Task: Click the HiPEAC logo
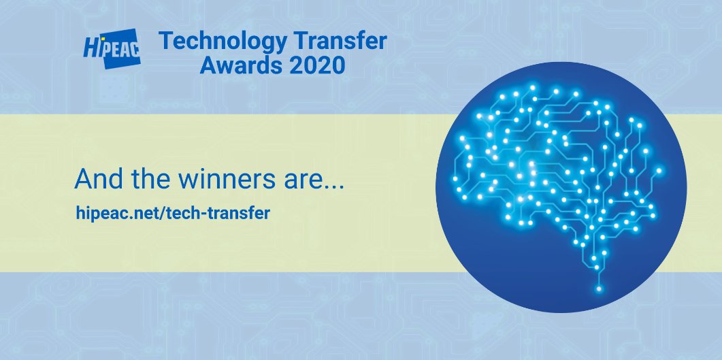pyautogui.click(x=112, y=49)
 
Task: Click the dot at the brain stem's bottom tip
pyautogui.click(x=599, y=290)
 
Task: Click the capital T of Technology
pyautogui.click(x=166, y=43)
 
